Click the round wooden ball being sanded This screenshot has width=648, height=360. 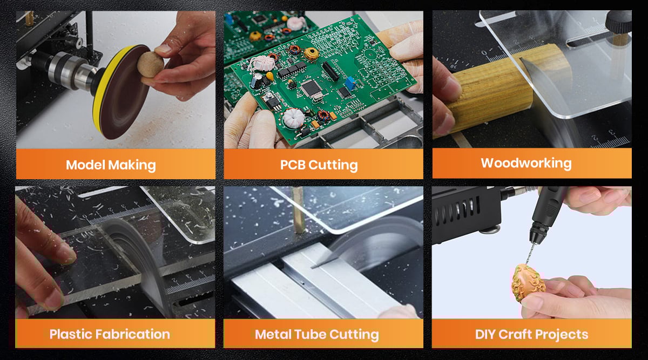tap(150, 64)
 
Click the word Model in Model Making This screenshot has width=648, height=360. tap(85, 165)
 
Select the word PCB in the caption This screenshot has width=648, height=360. tap(293, 165)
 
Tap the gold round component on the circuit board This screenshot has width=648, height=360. tap(311, 54)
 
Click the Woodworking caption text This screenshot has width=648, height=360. tap(526, 164)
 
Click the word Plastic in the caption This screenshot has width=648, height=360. tap(71, 334)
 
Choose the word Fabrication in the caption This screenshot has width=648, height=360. tap(133, 334)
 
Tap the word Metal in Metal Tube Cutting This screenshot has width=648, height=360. tap(273, 334)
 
